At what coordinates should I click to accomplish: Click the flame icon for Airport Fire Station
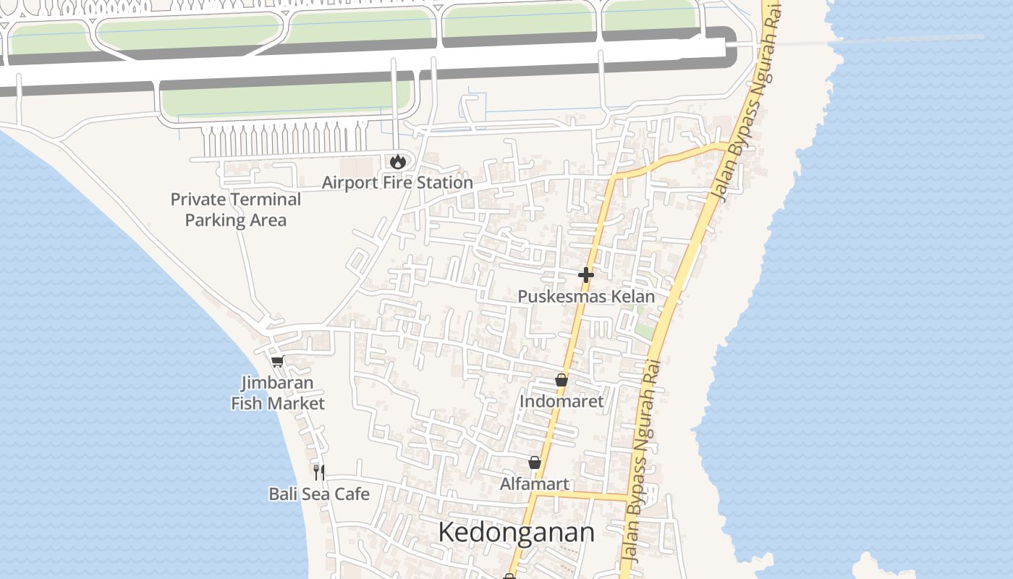[x=397, y=161]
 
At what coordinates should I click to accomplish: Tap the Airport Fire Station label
[x=397, y=182]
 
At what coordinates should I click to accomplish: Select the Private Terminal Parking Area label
[x=236, y=209]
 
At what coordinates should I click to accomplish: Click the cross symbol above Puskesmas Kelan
[x=586, y=275]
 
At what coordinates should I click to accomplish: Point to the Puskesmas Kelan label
[x=586, y=297]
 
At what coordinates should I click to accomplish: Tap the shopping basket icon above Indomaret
[x=561, y=380]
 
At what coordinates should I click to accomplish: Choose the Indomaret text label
[x=561, y=401]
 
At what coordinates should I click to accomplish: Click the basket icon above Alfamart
[x=535, y=462]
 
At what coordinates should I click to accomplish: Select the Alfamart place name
[x=535, y=483]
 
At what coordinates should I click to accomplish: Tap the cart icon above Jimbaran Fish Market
[x=277, y=362]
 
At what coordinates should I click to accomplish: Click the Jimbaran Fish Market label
[x=278, y=393]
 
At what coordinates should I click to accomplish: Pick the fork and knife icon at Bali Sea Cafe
[x=319, y=473]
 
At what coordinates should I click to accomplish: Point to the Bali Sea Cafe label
[x=319, y=494]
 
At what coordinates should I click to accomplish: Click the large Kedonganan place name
[x=517, y=533]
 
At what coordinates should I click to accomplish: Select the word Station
[x=445, y=182]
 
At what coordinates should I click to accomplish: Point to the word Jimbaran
[x=278, y=383]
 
